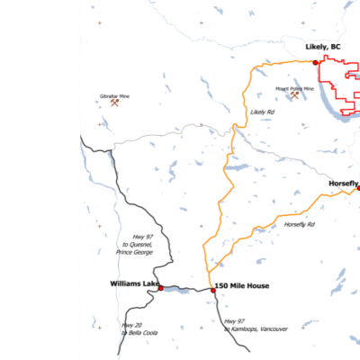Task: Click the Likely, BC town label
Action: [x=324, y=47]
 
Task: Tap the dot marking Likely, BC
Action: [x=315, y=62]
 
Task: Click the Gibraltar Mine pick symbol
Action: [x=114, y=103]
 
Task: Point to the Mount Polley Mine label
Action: [x=294, y=88]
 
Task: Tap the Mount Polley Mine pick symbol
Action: [x=294, y=95]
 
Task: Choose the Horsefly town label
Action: [x=343, y=182]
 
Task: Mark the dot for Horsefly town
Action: [x=358, y=187]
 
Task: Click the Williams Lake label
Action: [x=134, y=283]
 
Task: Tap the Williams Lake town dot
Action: [x=161, y=288]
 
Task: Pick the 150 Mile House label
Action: [x=241, y=285]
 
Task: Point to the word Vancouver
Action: [x=271, y=329]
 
